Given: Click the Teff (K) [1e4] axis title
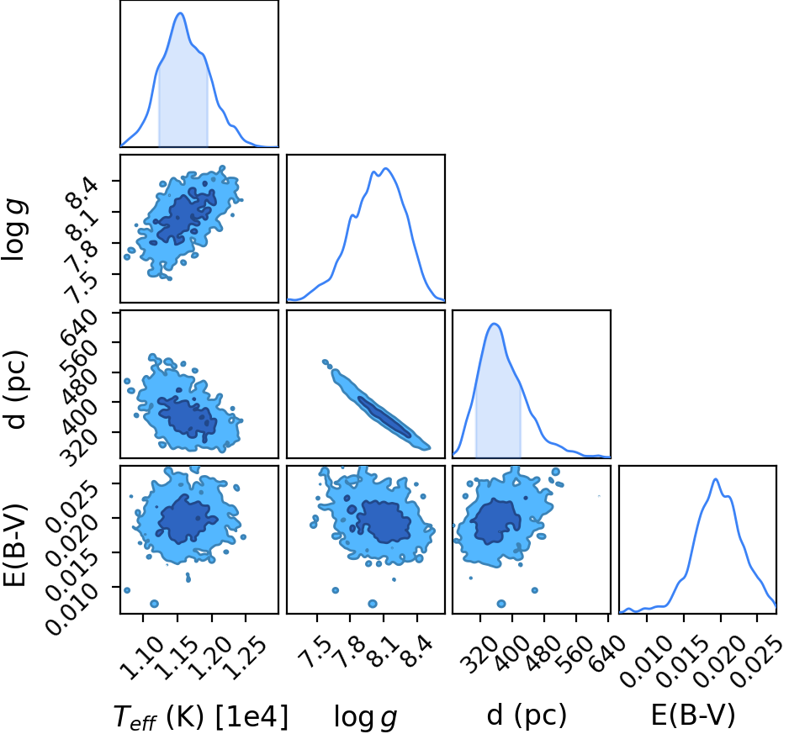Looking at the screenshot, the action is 201,716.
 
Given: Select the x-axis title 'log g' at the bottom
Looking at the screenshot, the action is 366,716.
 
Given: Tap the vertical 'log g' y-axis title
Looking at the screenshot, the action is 14,230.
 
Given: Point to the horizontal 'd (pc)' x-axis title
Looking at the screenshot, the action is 527,715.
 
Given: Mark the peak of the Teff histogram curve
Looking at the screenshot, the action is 180,13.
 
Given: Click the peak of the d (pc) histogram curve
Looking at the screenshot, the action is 494,324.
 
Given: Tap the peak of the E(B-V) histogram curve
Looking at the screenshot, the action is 715,479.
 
